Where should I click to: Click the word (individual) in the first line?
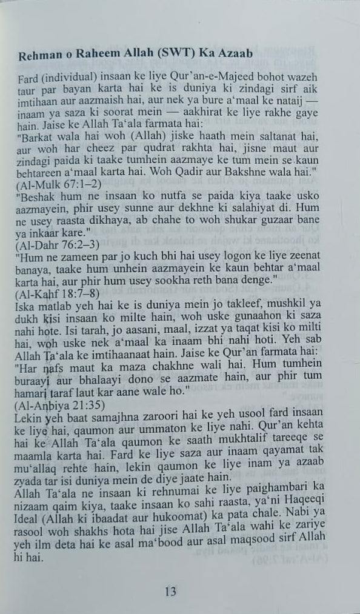coord(67,83)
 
